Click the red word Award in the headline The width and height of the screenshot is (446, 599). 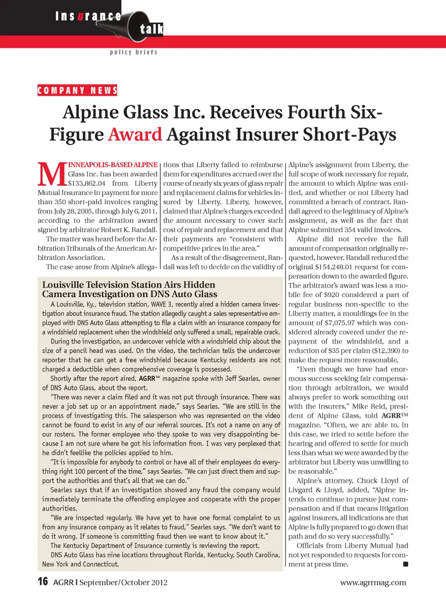point(135,135)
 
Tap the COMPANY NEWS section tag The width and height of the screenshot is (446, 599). point(77,91)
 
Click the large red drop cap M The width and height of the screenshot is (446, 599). point(52,175)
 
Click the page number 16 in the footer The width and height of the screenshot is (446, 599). point(43,582)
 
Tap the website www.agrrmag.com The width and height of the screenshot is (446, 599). point(373,582)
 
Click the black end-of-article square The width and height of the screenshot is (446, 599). point(405,564)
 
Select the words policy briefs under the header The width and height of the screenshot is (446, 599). point(134,52)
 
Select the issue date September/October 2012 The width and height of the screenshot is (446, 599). point(123,582)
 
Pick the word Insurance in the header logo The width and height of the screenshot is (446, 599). point(88,16)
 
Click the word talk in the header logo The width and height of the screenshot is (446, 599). point(151,29)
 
